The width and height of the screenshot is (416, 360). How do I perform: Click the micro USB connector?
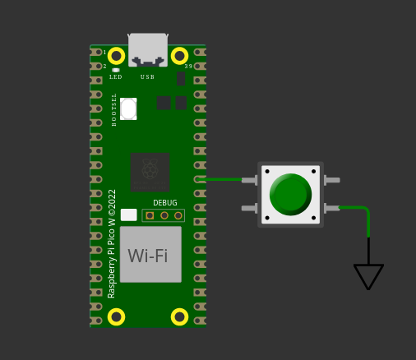point(148,50)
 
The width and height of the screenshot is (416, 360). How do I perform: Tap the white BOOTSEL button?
point(128,108)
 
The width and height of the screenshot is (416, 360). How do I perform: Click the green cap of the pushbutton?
point(290,194)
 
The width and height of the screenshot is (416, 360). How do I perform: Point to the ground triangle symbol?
point(368,277)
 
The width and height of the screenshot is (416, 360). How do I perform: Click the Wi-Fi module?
point(150,255)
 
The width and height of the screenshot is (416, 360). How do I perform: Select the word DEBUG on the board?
point(165,203)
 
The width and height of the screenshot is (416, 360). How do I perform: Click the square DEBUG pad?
point(150,215)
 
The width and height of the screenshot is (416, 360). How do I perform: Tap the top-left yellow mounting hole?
point(117,56)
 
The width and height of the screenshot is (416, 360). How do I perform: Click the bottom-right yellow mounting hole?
point(179,317)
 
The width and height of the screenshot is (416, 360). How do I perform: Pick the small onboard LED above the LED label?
point(116,70)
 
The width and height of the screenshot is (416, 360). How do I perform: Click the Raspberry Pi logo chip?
point(150,173)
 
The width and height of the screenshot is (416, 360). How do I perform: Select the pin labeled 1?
point(95,52)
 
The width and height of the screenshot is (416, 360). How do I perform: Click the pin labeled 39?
point(200,67)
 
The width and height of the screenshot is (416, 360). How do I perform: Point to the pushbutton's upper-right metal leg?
point(332,180)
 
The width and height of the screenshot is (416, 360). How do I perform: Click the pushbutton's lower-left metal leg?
point(249,209)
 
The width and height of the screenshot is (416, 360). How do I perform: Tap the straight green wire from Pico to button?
point(220,179)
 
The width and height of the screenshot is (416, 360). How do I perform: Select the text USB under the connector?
point(147,77)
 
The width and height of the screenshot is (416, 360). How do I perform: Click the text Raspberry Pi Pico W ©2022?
point(112,244)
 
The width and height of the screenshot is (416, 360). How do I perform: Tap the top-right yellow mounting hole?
point(179,56)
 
